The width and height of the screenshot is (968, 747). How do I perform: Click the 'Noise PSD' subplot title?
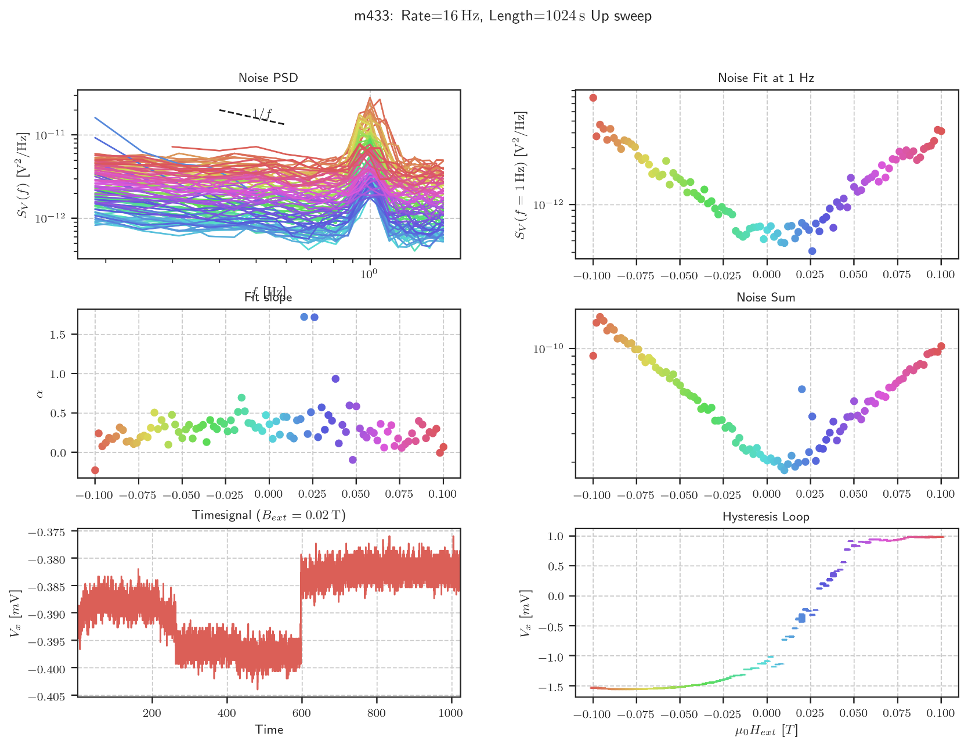(x=268, y=78)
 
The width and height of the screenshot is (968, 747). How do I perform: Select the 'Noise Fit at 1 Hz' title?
(x=765, y=78)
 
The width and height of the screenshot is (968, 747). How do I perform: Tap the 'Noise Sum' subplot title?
(x=765, y=297)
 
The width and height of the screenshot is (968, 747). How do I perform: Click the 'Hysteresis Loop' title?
(x=765, y=516)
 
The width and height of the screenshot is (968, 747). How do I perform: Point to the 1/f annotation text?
(x=262, y=114)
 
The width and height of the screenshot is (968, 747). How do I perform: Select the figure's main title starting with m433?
(x=503, y=16)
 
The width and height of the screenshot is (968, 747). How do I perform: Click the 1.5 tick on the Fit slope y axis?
(x=58, y=335)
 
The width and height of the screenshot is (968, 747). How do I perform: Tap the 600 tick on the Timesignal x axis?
(x=302, y=713)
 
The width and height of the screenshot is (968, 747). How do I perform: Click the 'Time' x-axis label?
(x=269, y=730)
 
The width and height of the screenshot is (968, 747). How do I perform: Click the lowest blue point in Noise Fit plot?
(x=812, y=251)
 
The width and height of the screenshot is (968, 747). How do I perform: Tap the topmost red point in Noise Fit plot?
(x=593, y=98)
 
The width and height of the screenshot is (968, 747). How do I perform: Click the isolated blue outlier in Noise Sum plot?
(x=801, y=389)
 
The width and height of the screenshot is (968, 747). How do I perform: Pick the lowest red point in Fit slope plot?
(x=95, y=470)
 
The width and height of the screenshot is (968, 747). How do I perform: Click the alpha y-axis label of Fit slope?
(x=39, y=394)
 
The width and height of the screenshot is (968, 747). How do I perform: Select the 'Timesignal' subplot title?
(x=269, y=516)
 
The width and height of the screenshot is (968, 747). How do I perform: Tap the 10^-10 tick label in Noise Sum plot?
(x=548, y=349)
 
